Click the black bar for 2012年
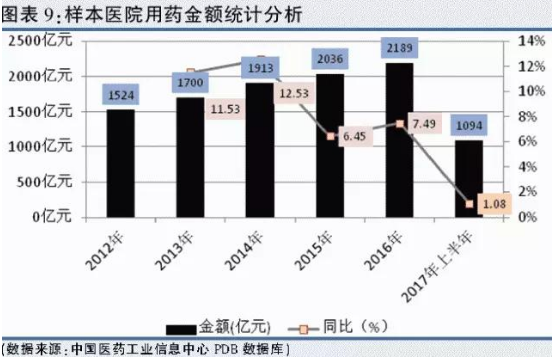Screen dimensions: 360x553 121,163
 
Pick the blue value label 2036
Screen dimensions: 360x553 331,59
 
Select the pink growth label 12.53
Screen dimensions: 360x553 294,94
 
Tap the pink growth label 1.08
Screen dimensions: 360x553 491,205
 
